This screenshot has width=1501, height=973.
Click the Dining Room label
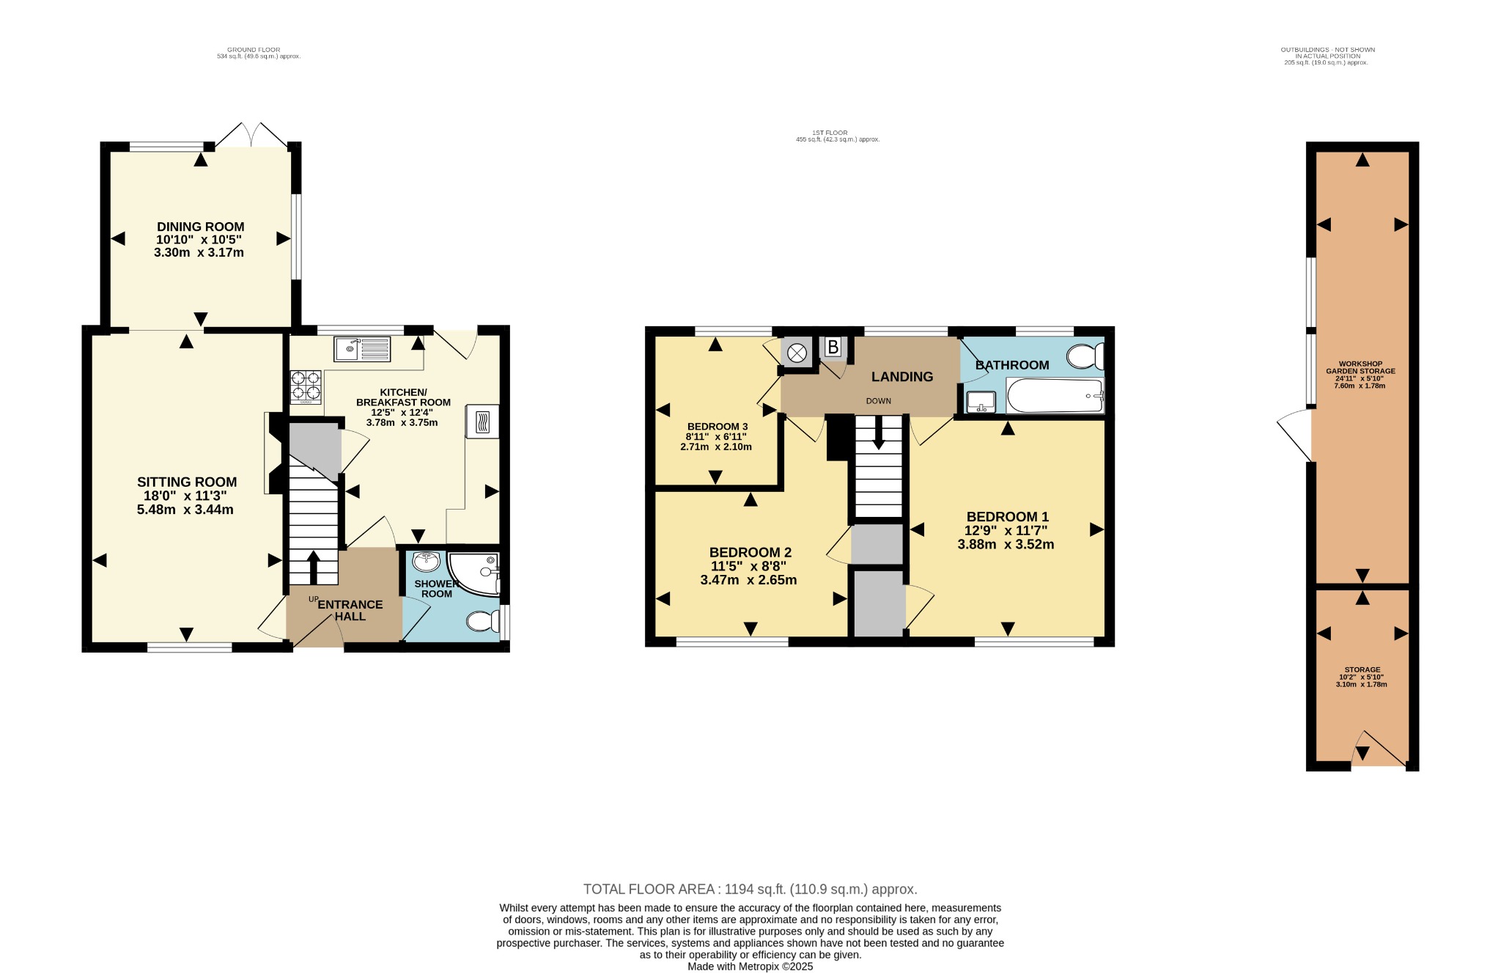[x=200, y=227]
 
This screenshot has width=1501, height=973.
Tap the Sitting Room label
[x=187, y=482]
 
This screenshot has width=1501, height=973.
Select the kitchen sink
[x=362, y=349]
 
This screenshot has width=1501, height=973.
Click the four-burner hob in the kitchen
[x=306, y=387]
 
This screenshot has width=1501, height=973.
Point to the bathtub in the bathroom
[x=1055, y=396]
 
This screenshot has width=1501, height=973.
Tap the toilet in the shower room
[x=484, y=622]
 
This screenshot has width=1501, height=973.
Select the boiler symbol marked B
[x=833, y=347]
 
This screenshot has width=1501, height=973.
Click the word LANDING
[x=902, y=377]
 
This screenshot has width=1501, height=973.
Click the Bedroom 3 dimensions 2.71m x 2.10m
[x=716, y=447]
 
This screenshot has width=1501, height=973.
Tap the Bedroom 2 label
[x=750, y=552]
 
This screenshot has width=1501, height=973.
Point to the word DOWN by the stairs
[x=879, y=401]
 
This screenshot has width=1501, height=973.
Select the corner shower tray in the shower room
[x=473, y=573]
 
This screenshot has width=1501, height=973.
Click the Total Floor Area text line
[x=750, y=889]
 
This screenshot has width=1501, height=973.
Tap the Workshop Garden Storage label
[x=1360, y=367]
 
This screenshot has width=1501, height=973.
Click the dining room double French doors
[x=251, y=134]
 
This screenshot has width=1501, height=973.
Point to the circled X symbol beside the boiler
[x=797, y=353]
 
